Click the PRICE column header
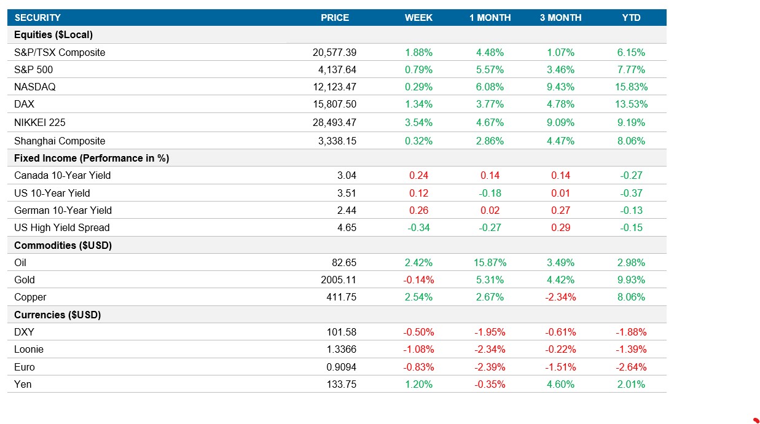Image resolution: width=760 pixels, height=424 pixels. [335, 18]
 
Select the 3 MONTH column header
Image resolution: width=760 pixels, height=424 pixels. [560, 18]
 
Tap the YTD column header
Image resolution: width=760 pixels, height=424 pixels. [631, 18]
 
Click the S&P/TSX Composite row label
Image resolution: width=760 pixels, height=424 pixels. [60, 53]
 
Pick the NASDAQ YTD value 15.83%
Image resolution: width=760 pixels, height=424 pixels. [631, 87]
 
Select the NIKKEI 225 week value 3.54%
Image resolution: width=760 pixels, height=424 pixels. [418, 123]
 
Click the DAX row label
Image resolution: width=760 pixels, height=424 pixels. [24, 104]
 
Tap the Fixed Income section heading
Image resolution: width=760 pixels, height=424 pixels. [92, 159]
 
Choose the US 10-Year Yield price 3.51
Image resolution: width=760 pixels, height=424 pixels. [346, 193]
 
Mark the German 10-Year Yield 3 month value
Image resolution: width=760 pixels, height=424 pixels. [560, 210]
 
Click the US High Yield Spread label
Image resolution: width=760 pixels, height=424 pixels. [61, 228]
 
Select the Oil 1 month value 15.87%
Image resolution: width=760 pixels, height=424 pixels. [490, 263]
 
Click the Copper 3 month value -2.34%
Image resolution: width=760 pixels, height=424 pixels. [560, 297]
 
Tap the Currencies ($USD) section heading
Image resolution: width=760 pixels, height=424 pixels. [57, 315]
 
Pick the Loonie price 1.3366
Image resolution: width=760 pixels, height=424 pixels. [341, 350]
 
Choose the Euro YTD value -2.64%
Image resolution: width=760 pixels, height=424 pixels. [631, 367]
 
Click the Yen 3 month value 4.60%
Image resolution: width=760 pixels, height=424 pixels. [560, 385]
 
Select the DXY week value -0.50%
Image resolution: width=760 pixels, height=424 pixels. [418, 332]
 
